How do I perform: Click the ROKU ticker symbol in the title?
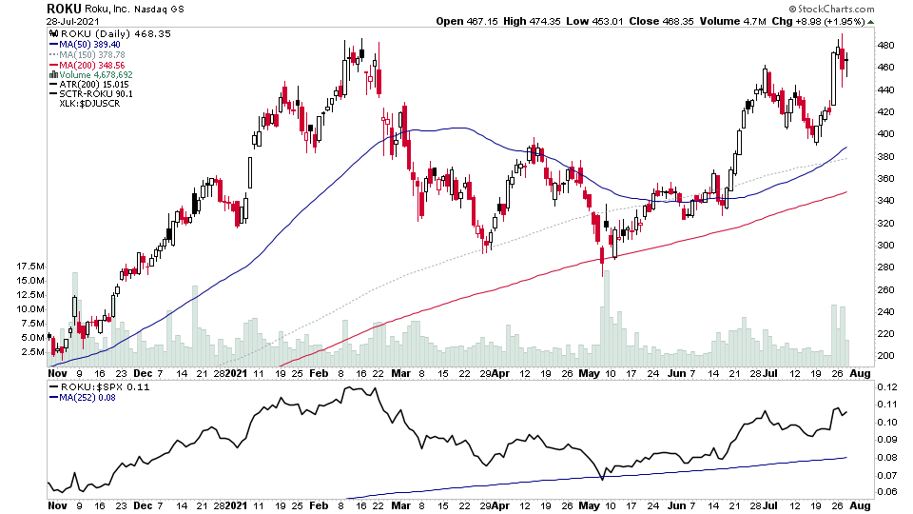(65, 8)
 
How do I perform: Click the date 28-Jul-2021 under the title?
(72, 20)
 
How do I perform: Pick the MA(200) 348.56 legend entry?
(98, 65)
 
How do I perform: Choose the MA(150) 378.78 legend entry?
(98, 54)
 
